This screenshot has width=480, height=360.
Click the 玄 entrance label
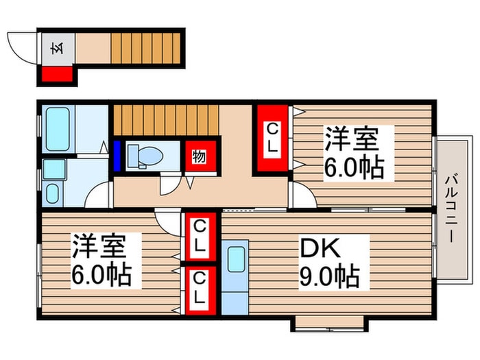click(58, 49)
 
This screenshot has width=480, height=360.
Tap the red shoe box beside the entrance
click(57, 75)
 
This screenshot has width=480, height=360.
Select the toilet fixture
click(145, 156)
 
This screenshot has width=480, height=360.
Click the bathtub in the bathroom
click(58, 129)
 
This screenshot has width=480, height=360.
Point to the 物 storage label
click(200, 157)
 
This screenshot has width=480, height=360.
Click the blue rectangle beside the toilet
click(117, 156)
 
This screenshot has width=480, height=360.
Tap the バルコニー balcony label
click(451, 208)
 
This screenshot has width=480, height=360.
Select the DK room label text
click(320, 248)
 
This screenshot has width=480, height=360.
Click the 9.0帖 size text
click(329, 276)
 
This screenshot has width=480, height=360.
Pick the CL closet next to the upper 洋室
click(272, 139)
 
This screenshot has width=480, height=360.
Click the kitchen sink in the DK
click(237, 259)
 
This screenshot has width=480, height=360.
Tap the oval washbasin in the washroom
click(52, 193)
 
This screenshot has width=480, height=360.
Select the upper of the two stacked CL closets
click(200, 237)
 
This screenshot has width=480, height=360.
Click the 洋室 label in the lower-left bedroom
click(99, 246)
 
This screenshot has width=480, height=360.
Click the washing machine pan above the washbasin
click(54, 169)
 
